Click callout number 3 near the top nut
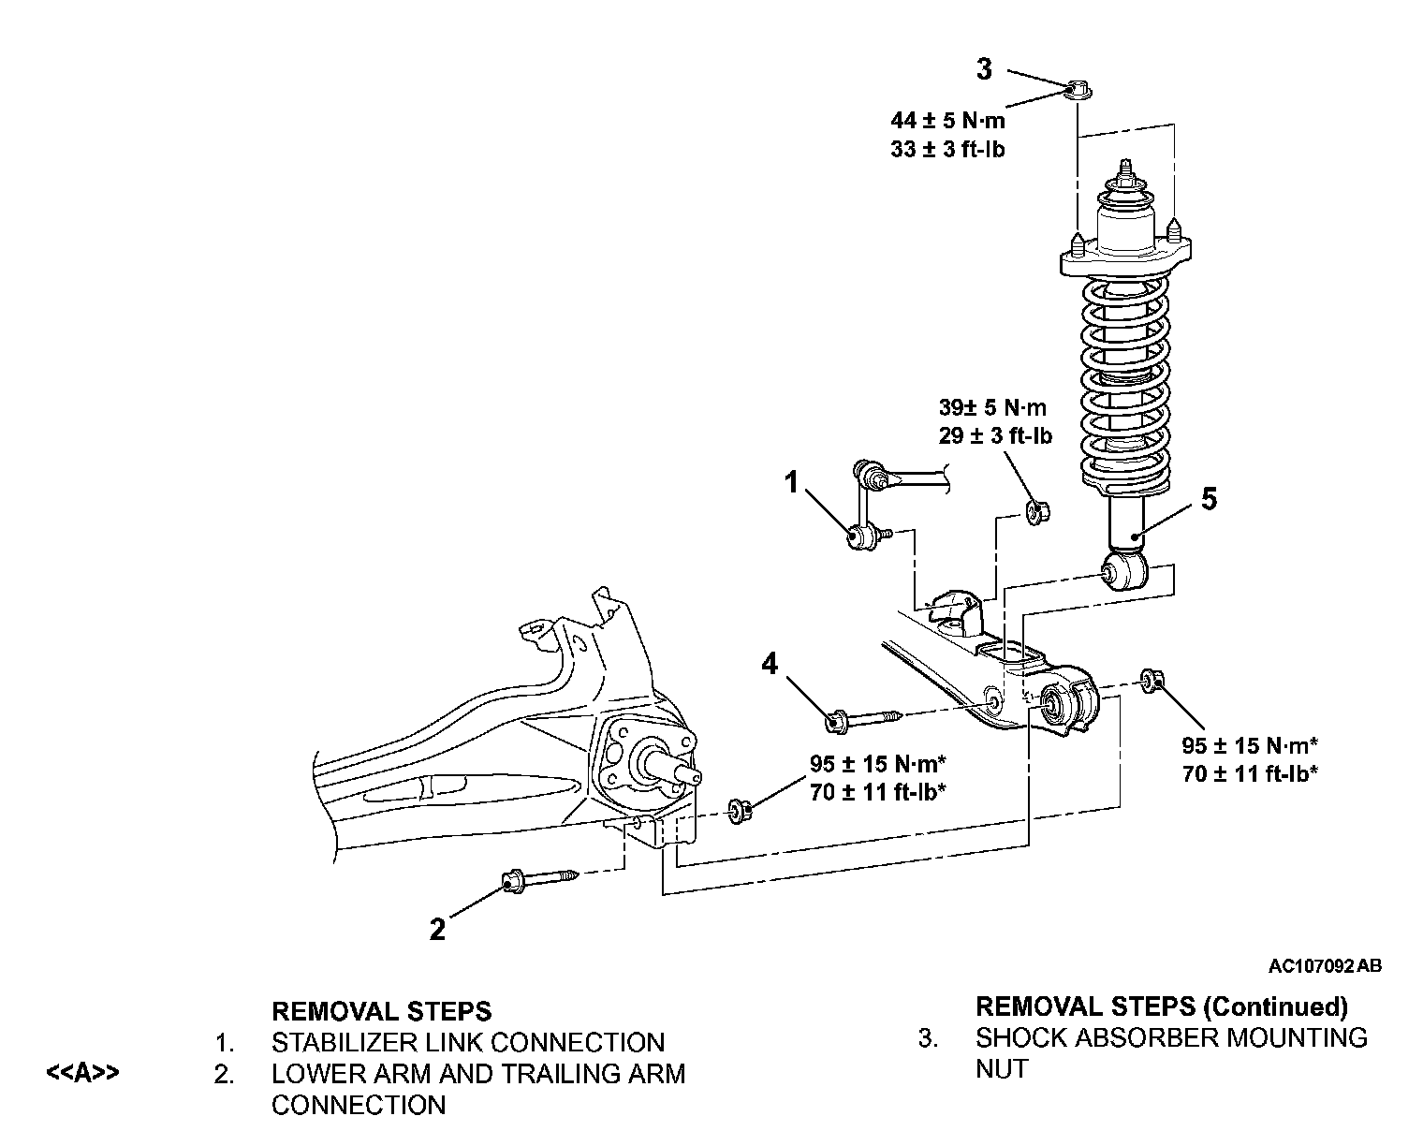pyautogui.click(x=984, y=69)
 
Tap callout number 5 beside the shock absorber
pyautogui.click(x=1209, y=499)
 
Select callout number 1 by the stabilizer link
pyautogui.click(x=791, y=482)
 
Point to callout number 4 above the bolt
pyautogui.click(x=770, y=664)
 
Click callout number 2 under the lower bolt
pyautogui.click(x=438, y=930)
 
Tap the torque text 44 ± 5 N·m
pyautogui.click(x=947, y=121)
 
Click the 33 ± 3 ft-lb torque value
pyautogui.click(x=947, y=150)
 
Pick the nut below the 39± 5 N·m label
pyautogui.click(x=1038, y=511)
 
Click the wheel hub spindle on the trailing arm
pyautogui.click(x=667, y=769)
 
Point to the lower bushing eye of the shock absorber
pyautogui.click(x=1124, y=571)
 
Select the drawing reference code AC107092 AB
pyautogui.click(x=1325, y=966)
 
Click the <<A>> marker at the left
pyautogui.click(x=82, y=1072)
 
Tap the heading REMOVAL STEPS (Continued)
pyautogui.click(x=1162, y=1006)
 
